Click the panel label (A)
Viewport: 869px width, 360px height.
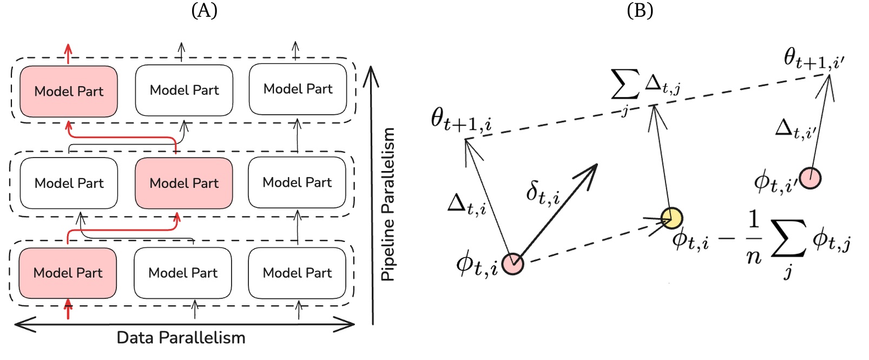[x=204, y=10]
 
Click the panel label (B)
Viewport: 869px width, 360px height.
[x=640, y=10]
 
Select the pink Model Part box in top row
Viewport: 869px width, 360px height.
[x=69, y=91]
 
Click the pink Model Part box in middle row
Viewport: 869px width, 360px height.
[x=184, y=183]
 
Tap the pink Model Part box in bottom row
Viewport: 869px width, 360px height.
[x=68, y=273]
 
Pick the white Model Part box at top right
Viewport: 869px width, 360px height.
[x=298, y=89]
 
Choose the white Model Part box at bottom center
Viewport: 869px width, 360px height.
[x=183, y=273]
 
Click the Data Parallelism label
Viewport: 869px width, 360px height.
[x=181, y=338]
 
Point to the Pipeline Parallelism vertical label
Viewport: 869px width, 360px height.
[x=388, y=204]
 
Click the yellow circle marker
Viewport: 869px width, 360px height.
[x=672, y=218]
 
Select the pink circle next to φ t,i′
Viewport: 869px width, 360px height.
[x=811, y=178]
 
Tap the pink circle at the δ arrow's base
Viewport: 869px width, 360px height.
[x=512, y=264]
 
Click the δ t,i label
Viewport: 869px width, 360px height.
[x=543, y=192]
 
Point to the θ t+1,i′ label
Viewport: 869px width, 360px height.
[x=813, y=60]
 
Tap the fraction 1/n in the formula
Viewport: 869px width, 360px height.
[x=754, y=238]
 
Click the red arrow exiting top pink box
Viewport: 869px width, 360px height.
[x=68, y=53]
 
